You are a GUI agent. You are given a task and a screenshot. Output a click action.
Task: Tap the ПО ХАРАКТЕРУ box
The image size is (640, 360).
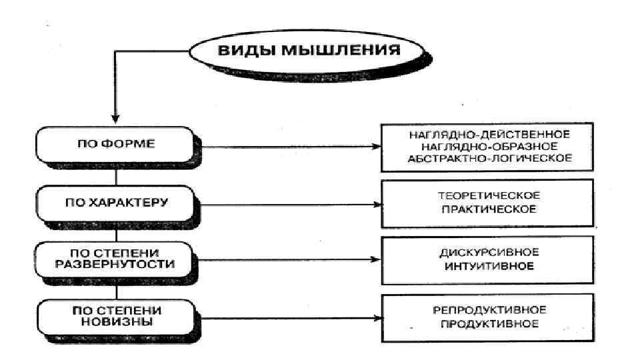coord(117,202)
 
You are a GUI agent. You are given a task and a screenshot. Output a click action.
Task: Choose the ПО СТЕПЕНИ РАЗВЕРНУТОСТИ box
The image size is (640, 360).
coord(117,259)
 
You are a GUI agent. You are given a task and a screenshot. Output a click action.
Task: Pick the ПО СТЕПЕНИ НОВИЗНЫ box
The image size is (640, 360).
coord(117,315)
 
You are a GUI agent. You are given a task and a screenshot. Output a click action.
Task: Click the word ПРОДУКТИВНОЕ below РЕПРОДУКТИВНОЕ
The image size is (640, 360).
coord(490,323)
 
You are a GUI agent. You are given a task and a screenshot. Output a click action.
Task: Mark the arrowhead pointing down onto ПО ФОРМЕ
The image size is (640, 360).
coord(117,119)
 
